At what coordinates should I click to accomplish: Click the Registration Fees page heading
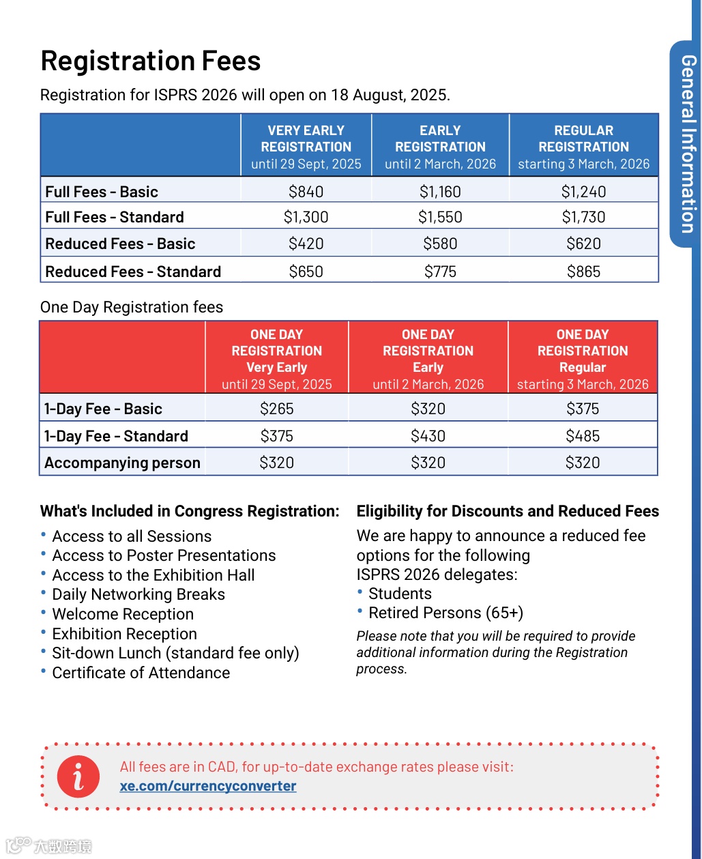[151, 61]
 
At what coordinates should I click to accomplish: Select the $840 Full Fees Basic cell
[306, 192]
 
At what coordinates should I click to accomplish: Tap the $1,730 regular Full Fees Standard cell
[583, 217]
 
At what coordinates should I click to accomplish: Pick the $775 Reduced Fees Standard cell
[440, 272]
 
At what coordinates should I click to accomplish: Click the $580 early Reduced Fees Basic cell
[440, 244]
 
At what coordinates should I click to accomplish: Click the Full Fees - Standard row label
[115, 217]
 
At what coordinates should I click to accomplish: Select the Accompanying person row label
[122, 463]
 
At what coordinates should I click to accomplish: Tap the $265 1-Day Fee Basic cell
[276, 409]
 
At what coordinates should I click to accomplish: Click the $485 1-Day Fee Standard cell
[583, 436]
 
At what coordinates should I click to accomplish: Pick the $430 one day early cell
[428, 436]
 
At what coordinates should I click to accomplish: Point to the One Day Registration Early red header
[428, 359]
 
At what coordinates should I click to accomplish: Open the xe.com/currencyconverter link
[208, 786]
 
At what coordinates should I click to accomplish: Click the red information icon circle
[78, 776]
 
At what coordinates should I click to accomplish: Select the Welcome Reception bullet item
[123, 614]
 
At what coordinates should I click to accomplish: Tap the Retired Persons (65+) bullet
[445, 613]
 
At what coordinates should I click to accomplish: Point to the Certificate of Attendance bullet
[141, 673]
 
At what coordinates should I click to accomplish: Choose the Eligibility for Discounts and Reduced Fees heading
[508, 511]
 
